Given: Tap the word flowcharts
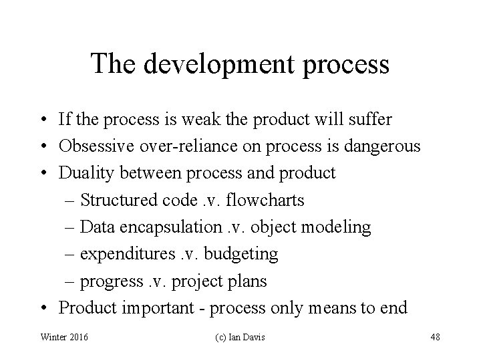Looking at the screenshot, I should point(270,200).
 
